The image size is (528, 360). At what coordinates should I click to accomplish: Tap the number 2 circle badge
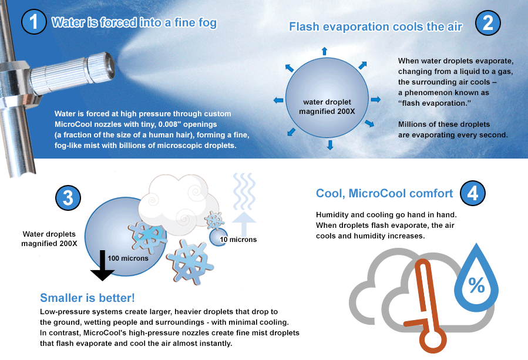click(x=487, y=23)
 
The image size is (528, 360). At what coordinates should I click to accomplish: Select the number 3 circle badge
click(x=68, y=198)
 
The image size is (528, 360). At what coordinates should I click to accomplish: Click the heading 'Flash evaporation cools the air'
click(x=376, y=26)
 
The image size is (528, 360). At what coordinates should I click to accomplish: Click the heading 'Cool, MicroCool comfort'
click(x=384, y=193)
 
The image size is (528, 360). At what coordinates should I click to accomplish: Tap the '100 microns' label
click(x=127, y=258)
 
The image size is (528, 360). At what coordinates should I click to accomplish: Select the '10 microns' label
click(x=238, y=240)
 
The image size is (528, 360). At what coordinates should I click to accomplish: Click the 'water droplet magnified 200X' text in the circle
click(x=327, y=106)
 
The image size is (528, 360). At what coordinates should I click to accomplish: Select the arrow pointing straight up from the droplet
click(x=324, y=52)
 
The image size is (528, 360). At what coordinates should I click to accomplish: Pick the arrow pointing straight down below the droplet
click(x=329, y=144)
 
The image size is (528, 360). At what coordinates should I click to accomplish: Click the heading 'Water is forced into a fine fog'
click(x=134, y=23)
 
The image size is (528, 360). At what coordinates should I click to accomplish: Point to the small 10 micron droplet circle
click(x=218, y=237)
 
